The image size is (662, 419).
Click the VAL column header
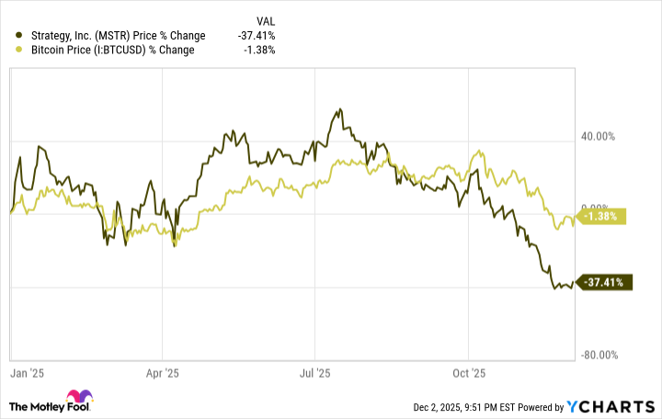(x=265, y=20)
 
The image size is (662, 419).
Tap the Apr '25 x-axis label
(x=162, y=374)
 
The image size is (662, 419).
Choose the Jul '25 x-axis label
(x=315, y=374)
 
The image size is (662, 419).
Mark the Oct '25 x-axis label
(x=468, y=374)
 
